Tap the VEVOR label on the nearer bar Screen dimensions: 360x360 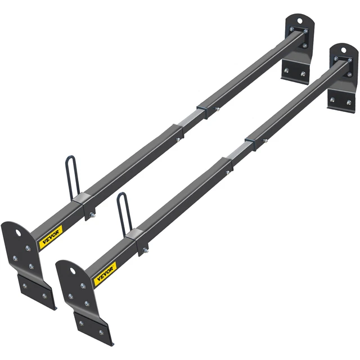click(x=105, y=274)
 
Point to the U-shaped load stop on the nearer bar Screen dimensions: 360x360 click(x=123, y=212)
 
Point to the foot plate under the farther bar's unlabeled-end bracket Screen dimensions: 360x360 click(x=295, y=73)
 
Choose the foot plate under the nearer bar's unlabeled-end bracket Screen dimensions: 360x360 click(x=341, y=101)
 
